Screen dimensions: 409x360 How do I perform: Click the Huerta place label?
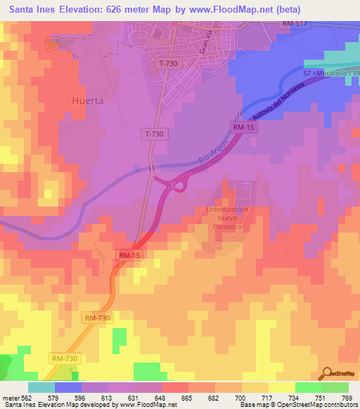(x=88, y=100)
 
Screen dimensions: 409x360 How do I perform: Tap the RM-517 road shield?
(x=295, y=24)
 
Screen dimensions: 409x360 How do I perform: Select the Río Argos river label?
(x=213, y=154)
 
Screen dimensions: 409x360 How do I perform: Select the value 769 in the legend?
(x=347, y=398)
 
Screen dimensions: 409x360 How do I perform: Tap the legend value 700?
(x=239, y=398)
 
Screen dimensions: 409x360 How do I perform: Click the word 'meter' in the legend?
(x=10, y=398)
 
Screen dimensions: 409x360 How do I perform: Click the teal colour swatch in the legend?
(x=41, y=387)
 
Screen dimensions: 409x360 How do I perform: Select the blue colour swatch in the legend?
(x=68, y=387)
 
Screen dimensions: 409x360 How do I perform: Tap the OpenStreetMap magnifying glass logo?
(x=326, y=372)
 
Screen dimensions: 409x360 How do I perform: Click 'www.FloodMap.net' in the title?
(x=236, y=9)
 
